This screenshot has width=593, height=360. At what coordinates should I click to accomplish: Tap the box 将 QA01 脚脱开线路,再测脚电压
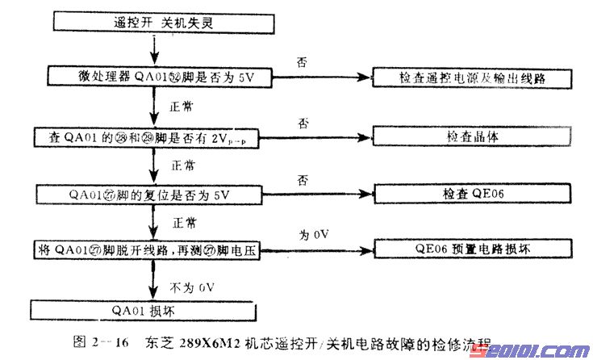tap(157, 249)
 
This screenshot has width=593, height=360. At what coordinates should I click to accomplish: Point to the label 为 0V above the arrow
tap(311, 234)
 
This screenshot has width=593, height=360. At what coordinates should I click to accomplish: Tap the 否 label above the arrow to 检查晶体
tap(304, 123)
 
